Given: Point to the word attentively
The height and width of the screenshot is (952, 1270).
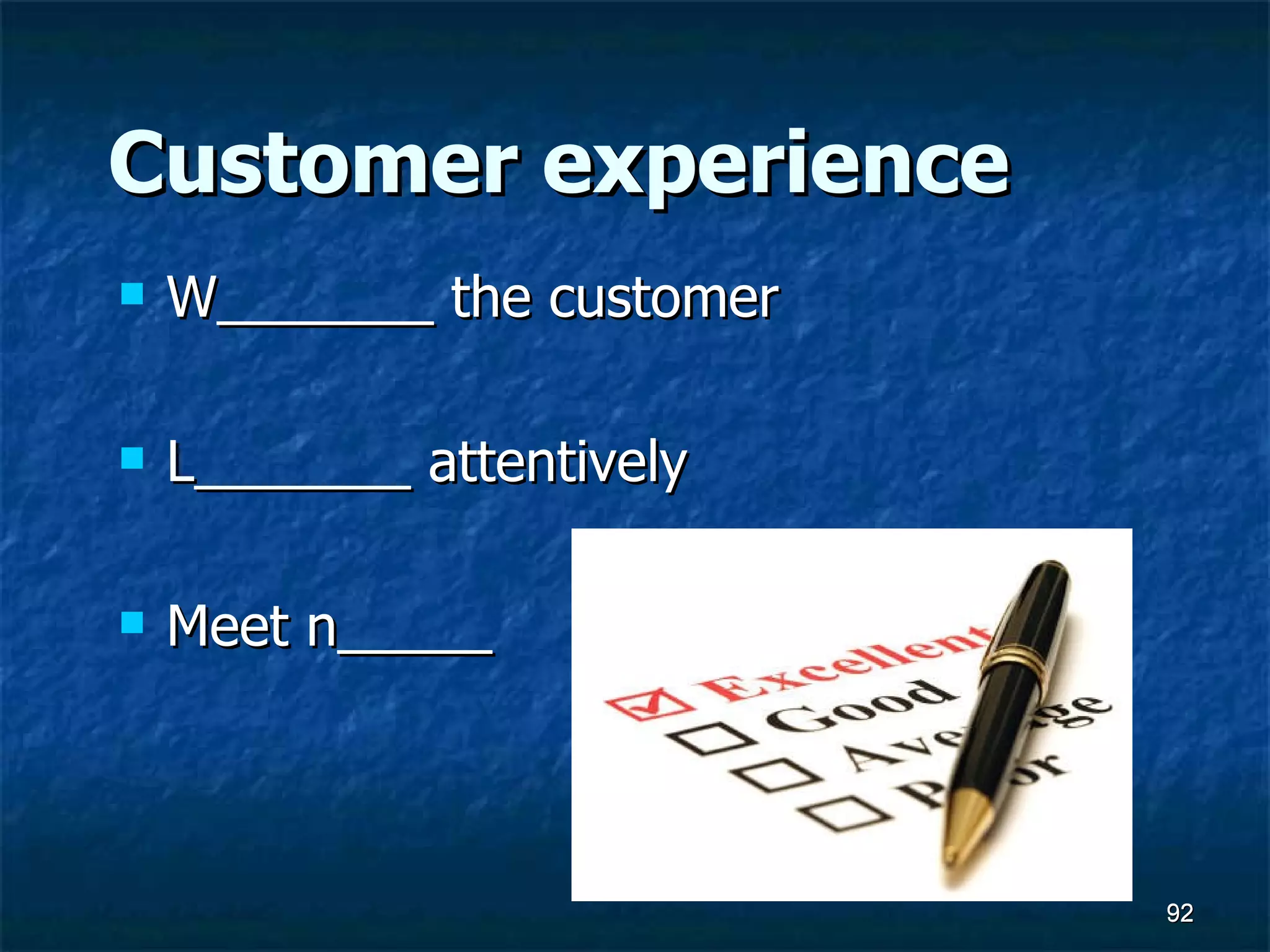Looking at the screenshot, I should point(557,464).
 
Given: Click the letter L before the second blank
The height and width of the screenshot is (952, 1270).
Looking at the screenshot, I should point(180,462).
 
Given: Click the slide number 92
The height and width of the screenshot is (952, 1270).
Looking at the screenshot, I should point(1179,913).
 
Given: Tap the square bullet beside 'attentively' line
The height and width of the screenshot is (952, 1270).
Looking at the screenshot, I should point(132,458).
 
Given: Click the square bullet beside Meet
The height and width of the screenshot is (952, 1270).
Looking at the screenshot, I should point(132,622).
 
